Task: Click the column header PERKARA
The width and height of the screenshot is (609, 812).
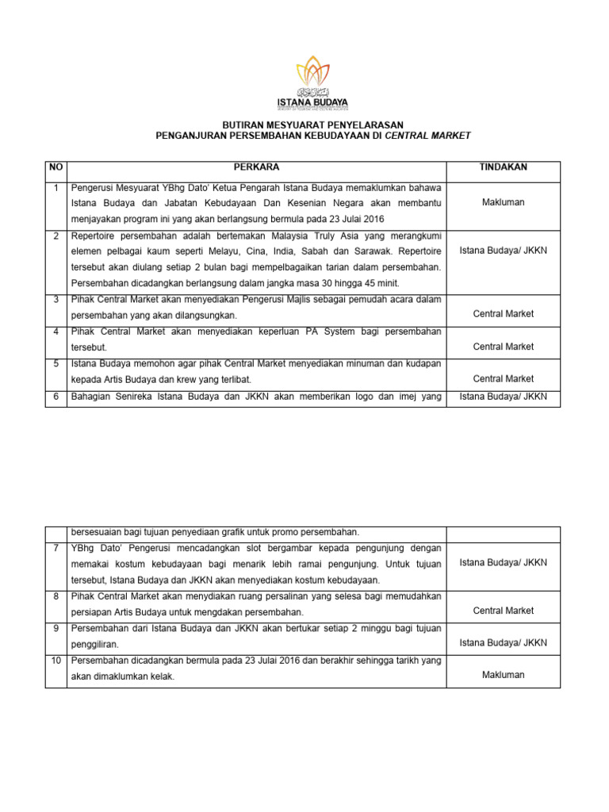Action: coord(255,167)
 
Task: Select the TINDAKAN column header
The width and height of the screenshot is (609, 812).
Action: coord(503,167)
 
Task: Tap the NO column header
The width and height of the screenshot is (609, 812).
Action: coord(55,167)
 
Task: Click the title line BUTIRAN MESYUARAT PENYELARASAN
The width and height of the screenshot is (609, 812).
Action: coord(312,125)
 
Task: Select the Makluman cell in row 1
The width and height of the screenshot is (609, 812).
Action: coord(503,203)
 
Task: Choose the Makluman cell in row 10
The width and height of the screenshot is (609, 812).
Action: coord(503,675)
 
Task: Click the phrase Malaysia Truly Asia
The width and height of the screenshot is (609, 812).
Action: coord(297,236)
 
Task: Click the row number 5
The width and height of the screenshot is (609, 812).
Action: coord(55,363)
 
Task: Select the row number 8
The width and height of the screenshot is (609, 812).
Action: coord(55,596)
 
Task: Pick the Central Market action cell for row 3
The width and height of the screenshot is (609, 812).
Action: coord(503,314)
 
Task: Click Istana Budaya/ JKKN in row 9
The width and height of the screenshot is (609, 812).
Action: coord(503,643)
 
